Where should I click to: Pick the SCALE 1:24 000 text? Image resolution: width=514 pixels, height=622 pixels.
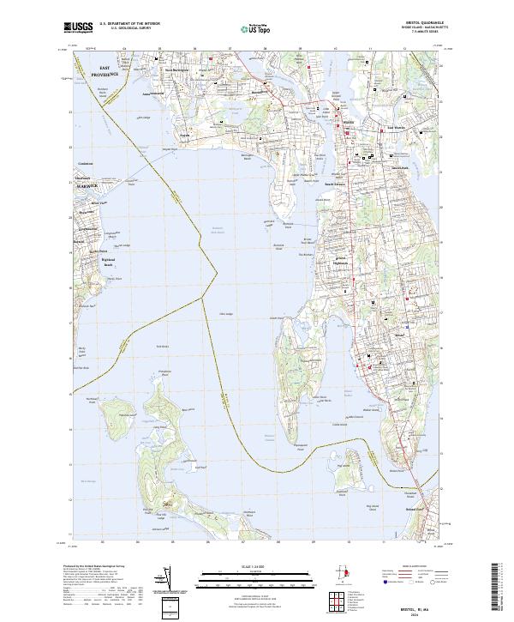click(x=257, y=567)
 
